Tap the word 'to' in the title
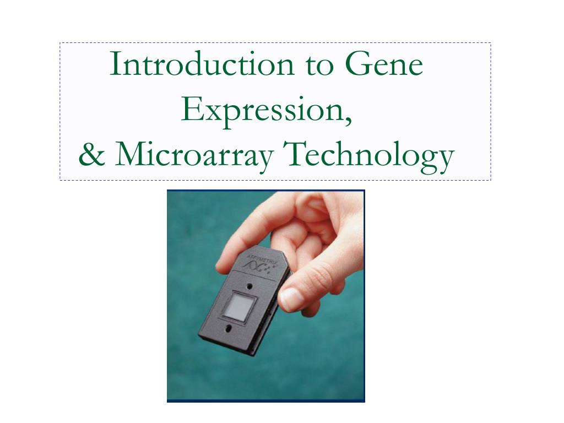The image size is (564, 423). point(318,65)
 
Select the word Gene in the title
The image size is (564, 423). point(384,65)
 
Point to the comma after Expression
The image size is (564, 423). point(348,120)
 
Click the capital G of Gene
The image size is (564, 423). point(358,65)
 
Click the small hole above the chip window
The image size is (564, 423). point(250,286)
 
